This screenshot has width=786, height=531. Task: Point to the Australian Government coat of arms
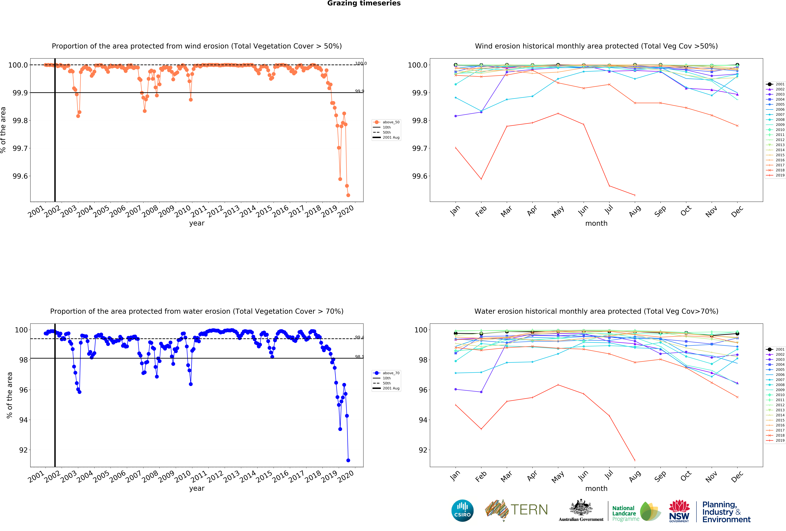(x=581, y=507)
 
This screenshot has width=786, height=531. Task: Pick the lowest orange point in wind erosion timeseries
(x=348, y=195)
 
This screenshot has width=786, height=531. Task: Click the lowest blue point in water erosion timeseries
(x=348, y=460)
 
